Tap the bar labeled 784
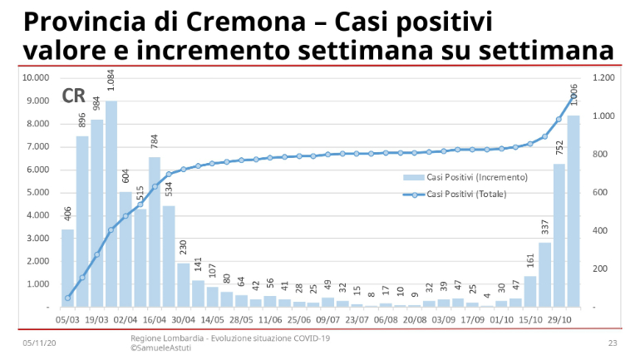155,232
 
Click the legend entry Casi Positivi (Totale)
465,194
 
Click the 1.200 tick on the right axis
603,78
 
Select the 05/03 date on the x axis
67,318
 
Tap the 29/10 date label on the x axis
559,318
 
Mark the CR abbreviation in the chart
73,96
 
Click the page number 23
613,343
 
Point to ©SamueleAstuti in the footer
161,348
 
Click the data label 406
67,215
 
